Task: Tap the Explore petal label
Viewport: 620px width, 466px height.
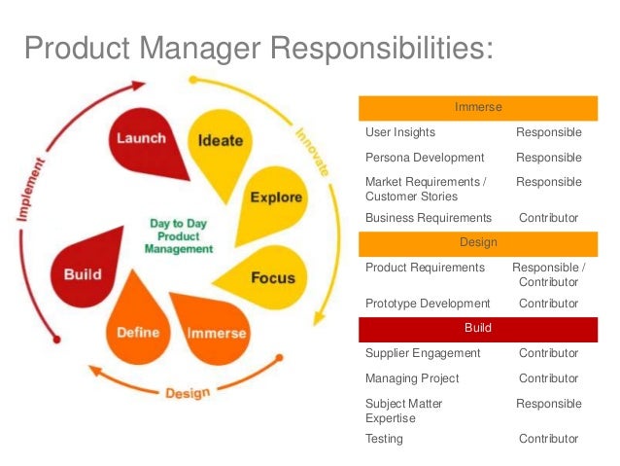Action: [x=275, y=198]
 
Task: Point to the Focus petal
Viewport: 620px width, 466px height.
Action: [x=271, y=277]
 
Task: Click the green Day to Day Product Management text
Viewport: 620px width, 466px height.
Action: [x=178, y=235]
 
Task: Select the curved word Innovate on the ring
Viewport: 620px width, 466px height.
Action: [x=313, y=152]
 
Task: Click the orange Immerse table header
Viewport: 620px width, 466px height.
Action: [x=478, y=107]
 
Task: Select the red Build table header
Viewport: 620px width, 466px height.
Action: [x=478, y=328]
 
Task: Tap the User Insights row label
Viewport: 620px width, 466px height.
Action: [x=400, y=132]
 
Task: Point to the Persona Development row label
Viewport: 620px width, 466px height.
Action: [x=425, y=158]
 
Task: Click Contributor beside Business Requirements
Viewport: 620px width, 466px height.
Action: [x=548, y=218]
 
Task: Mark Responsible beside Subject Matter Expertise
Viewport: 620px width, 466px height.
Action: [x=548, y=404]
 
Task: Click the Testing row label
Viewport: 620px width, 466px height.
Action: [x=384, y=439]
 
